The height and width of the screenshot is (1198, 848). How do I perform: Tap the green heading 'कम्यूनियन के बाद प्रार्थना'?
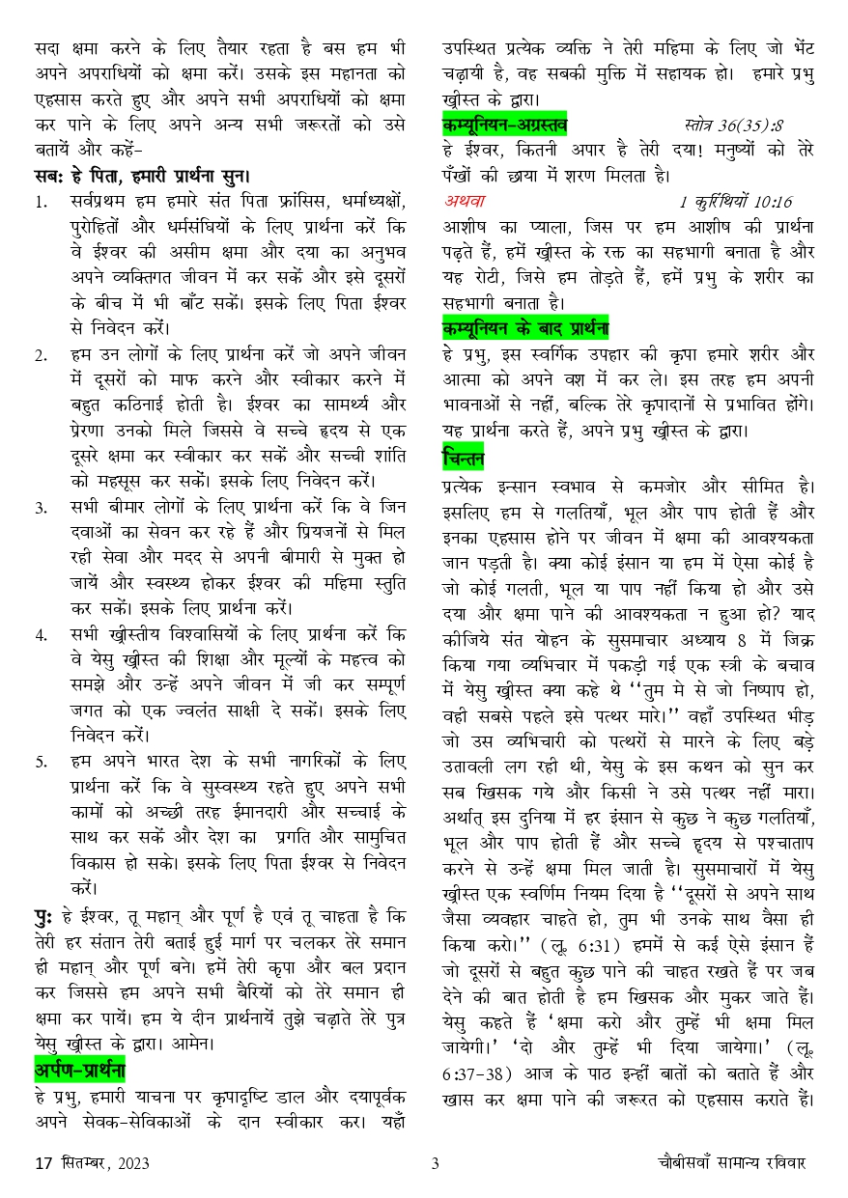(525, 324)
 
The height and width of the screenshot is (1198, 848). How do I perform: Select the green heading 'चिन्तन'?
(464, 457)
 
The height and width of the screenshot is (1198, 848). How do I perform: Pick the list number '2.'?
(42, 354)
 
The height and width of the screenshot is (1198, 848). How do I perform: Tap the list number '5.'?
(42, 762)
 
